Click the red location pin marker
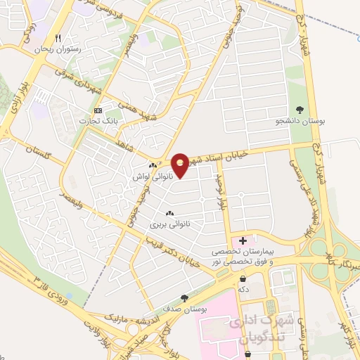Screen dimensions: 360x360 (181, 165)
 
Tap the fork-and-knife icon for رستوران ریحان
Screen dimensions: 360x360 (59, 39)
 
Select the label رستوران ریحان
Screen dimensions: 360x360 (58, 51)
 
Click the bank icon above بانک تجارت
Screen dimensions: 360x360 (98, 111)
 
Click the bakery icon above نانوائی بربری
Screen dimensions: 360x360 (169, 213)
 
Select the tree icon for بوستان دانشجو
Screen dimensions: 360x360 (300, 109)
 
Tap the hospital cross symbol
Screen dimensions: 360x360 (243, 240)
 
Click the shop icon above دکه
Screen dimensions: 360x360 (243, 278)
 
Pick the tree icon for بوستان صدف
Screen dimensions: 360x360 (185, 297)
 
